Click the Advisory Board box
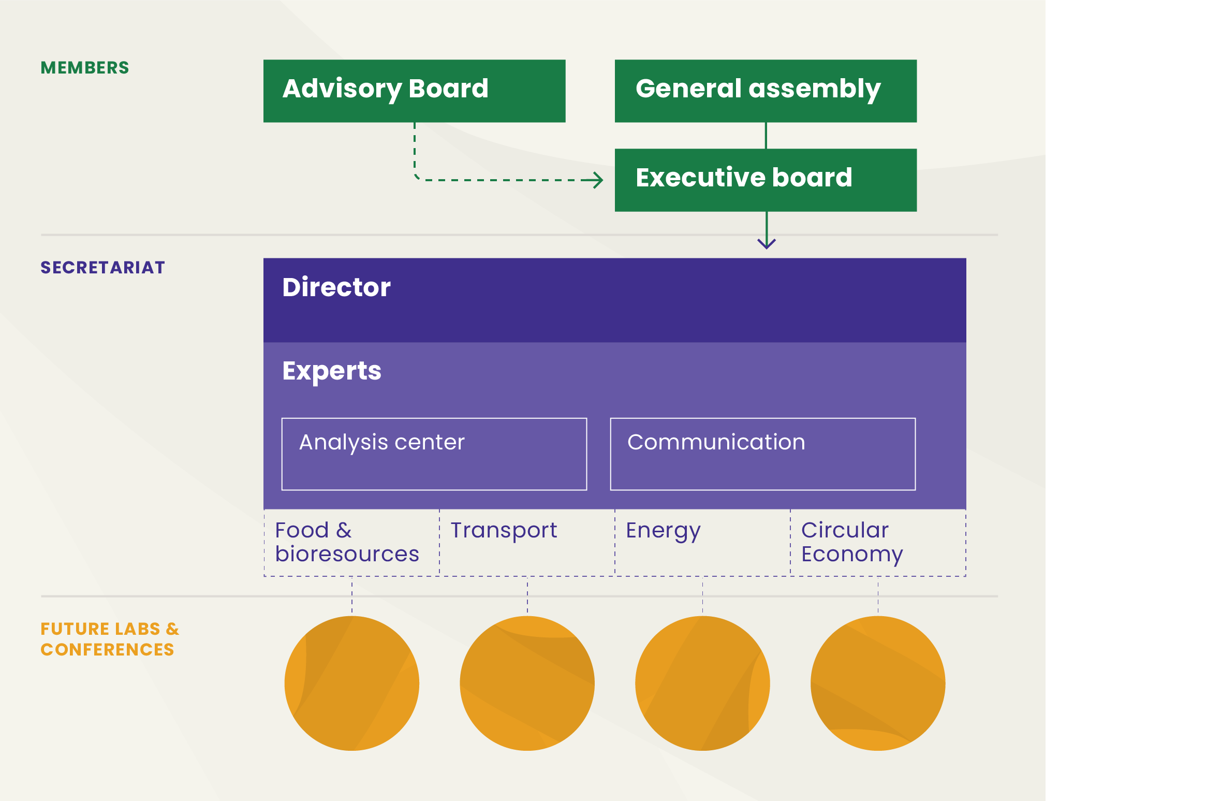click(x=414, y=91)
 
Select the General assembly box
click(x=766, y=91)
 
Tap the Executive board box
click(x=766, y=180)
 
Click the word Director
click(x=336, y=287)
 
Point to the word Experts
click(x=332, y=371)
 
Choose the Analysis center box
click(x=434, y=454)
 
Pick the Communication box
click(x=762, y=454)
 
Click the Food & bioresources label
click(x=347, y=542)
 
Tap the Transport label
click(x=504, y=531)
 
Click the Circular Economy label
click(x=852, y=542)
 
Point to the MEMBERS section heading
click(x=85, y=68)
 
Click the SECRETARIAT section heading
click(x=102, y=268)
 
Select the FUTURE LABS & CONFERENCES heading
click(x=109, y=639)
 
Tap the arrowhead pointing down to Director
click(x=767, y=243)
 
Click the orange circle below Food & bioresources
click(x=352, y=683)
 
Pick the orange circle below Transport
click(x=527, y=683)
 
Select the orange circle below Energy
click(x=702, y=683)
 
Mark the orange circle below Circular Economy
click(x=878, y=683)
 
